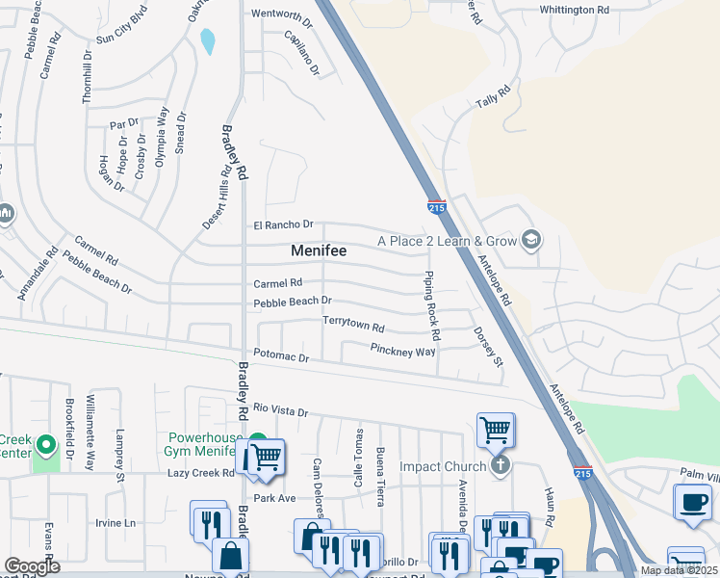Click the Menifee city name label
pos(319,250)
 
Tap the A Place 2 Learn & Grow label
pos(447,241)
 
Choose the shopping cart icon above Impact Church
pos(495,429)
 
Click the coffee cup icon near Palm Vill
pos(692,501)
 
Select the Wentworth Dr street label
pos(282,14)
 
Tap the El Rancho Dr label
pos(284,224)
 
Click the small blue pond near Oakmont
pos(207,41)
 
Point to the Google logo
pos(32,566)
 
